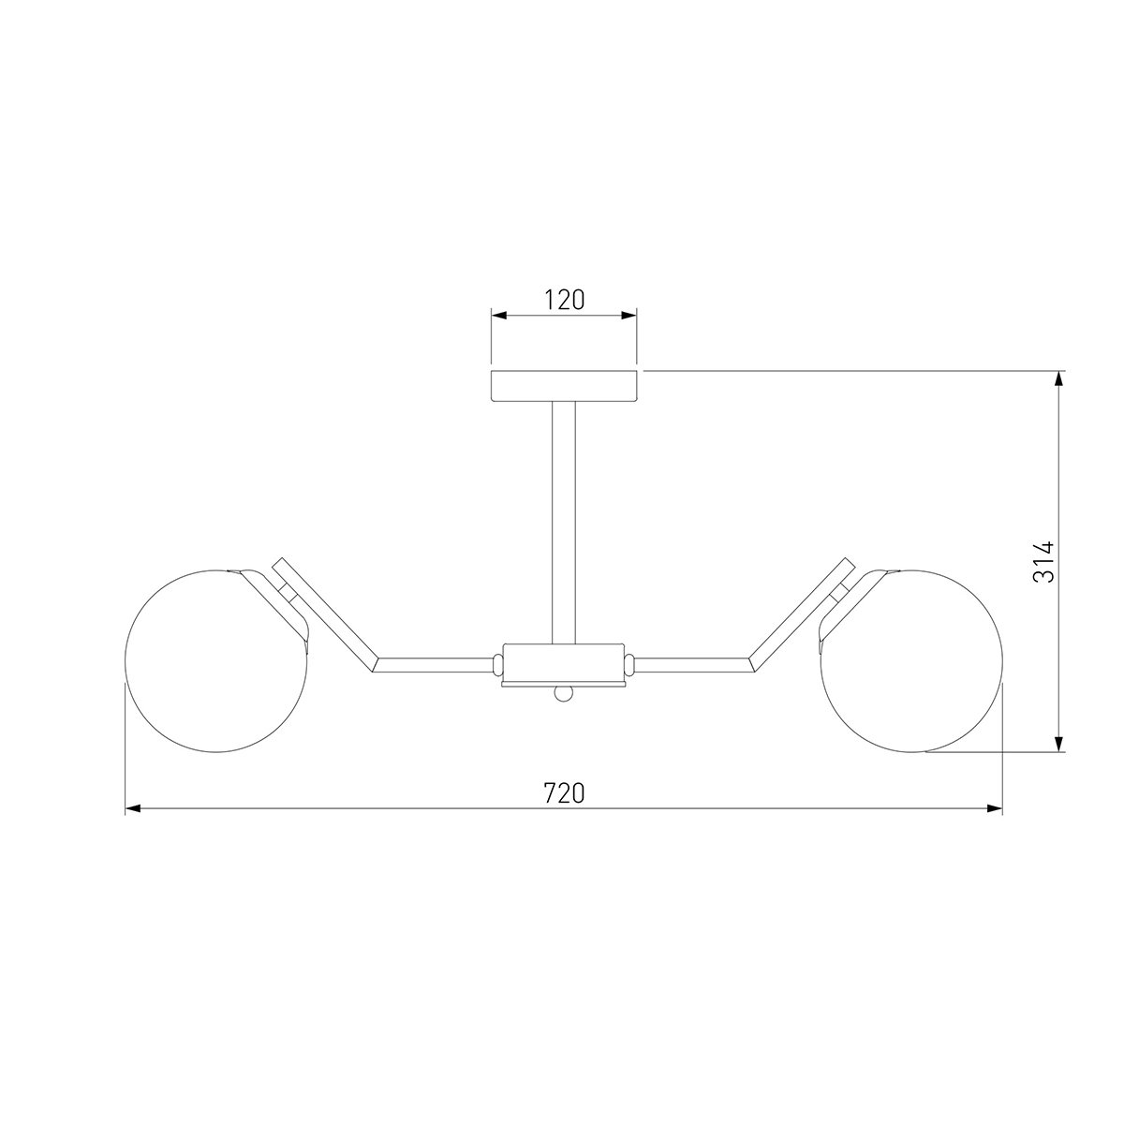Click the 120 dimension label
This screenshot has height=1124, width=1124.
564,300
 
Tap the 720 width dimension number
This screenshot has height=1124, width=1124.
564,793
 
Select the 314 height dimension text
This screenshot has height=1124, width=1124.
1043,562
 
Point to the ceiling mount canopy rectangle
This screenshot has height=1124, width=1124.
564,386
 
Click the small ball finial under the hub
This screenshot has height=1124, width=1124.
564,694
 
